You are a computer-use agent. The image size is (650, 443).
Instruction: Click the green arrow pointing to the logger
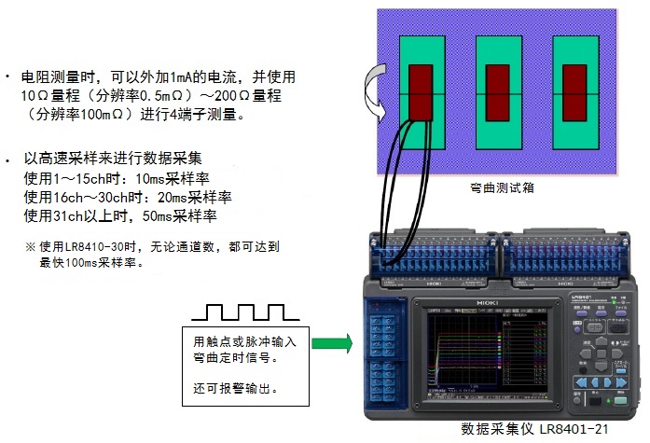[x=332, y=344]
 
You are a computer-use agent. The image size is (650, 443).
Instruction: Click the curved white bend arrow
[x=377, y=91]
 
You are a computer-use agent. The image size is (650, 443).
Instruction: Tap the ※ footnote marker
[x=30, y=247]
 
